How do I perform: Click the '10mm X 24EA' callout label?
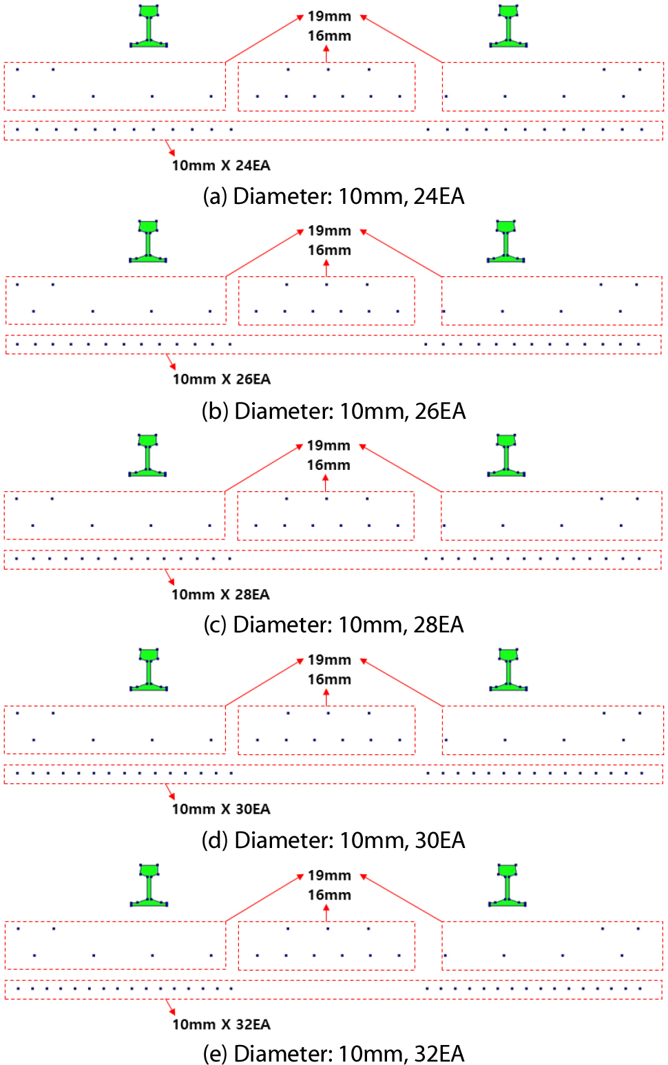pyautogui.click(x=221, y=165)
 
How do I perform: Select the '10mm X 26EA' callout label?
pyautogui.click(x=221, y=380)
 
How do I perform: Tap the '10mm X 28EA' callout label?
pyautogui.click(x=220, y=594)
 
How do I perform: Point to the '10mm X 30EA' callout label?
pyautogui.click(x=221, y=809)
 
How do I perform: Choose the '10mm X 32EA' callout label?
pyautogui.click(x=221, y=1024)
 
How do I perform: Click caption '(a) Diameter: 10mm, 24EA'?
pyautogui.click(x=333, y=196)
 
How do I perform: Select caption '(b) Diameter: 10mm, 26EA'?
pyautogui.click(x=333, y=411)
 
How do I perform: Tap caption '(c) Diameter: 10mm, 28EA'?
pyautogui.click(x=333, y=625)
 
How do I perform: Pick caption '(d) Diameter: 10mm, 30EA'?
pyautogui.click(x=333, y=840)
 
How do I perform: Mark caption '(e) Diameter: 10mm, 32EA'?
pyautogui.click(x=333, y=1054)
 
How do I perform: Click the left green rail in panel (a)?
pyautogui.click(x=149, y=26)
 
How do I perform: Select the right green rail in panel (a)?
pyautogui.click(x=508, y=26)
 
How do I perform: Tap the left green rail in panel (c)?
pyautogui.click(x=147, y=455)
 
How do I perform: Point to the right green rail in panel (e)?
pyautogui.click(x=508, y=885)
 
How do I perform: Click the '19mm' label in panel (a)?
pyautogui.click(x=329, y=16)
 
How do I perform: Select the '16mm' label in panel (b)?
pyautogui.click(x=329, y=250)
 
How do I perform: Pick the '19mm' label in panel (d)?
pyautogui.click(x=329, y=660)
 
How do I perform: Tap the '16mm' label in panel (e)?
pyautogui.click(x=329, y=895)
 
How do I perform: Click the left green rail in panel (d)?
pyautogui.click(x=149, y=669)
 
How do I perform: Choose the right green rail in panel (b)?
pyautogui.click(x=506, y=241)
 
